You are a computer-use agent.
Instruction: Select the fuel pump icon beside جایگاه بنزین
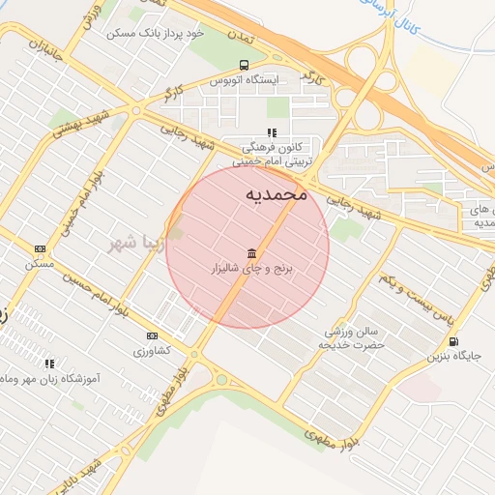point(453,342)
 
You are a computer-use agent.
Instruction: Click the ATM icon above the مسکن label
point(40,247)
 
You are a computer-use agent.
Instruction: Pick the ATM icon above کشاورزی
point(150,335)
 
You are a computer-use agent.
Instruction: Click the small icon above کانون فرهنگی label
point(272,132)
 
